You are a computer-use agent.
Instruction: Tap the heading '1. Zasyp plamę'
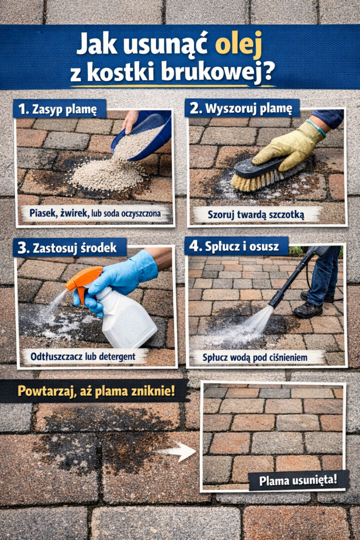click(59, 109)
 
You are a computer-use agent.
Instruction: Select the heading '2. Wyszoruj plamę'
click(241, 109)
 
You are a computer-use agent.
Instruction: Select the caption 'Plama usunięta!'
click(298, 480)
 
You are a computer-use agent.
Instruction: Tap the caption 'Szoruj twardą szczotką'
click(257, 214)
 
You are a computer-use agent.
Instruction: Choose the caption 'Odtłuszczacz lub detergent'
click(84, 356)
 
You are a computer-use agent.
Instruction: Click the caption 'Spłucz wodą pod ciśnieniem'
click(255, 357)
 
